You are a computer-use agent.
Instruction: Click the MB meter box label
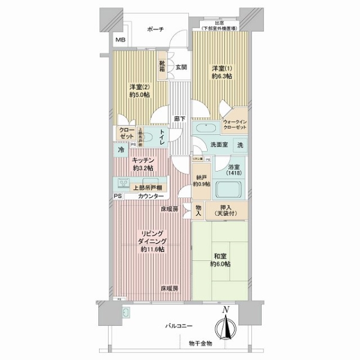coord(121,40)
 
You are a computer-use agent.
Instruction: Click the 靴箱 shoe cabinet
coord(163,65)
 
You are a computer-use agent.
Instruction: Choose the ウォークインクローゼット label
coord(235,124)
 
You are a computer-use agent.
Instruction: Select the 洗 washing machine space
coord(239,145)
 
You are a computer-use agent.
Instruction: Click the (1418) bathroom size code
coord(234,173)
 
